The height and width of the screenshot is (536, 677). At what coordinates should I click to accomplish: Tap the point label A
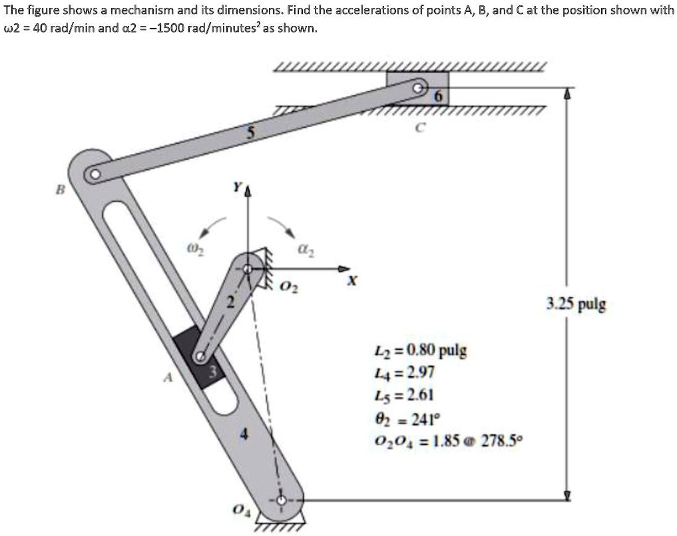coord(168,378)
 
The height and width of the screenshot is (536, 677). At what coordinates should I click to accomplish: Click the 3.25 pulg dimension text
coord(576,305)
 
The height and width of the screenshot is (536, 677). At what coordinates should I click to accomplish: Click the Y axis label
coord(236,188)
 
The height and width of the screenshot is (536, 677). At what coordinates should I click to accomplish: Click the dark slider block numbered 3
coord(199,357)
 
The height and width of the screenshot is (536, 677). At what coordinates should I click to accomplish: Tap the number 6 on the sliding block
coord(437,96)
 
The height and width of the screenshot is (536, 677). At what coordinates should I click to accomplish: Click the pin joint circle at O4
coord(282,499)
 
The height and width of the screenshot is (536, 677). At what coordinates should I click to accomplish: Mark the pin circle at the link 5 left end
coord(95,174)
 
